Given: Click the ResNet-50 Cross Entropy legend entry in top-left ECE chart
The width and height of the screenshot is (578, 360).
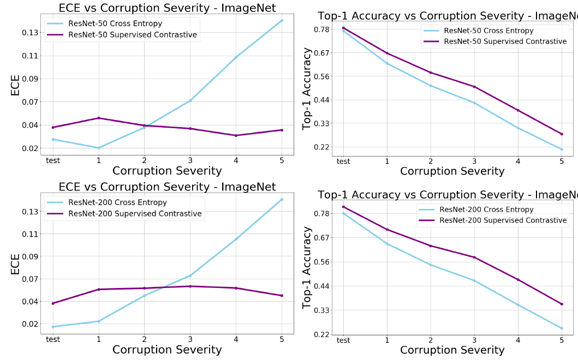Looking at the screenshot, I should pyautogui.click(x=114, y=24).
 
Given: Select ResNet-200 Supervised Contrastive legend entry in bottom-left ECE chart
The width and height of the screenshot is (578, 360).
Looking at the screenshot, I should pyautogui.click(x=135, y=214).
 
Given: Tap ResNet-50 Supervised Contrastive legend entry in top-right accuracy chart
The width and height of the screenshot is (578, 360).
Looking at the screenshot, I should pyautogui.click(x=505, y=41).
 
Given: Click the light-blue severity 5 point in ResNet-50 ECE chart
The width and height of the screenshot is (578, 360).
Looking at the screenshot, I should pyautogui.click(x=282, y=21).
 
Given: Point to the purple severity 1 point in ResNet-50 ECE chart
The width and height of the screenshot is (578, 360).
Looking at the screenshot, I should pyautogui.click(x=99, y=118).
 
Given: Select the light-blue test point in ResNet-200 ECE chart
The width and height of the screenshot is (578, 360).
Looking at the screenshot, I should pyautogui.click(x=53, y=327).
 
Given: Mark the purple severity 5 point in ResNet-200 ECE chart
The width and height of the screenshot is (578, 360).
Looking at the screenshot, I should pyautogui.click(x=282, y=296).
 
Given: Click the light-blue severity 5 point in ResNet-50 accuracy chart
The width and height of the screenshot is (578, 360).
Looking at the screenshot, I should pyautogui.click(x=562, y=149).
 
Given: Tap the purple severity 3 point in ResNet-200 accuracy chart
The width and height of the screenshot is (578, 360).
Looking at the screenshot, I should pyautogui.click(x=474, y=257).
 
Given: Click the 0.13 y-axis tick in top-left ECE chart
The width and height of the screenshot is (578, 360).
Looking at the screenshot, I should pyautogui.click(x=30, y=33).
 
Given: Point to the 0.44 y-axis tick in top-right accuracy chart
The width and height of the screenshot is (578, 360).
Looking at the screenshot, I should pyautogui.click(x=321, y=100).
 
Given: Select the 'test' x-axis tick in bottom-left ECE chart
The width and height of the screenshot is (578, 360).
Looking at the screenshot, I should pyautogui.click(x=53, y=339).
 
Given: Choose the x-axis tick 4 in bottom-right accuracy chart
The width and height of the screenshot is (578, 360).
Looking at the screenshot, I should pyautogui.click(x=518, y=340).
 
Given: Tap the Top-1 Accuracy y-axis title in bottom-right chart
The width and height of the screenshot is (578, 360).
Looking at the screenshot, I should pyautogui.click(x=307, y=267).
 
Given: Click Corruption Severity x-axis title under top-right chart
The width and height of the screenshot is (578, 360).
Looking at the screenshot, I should pyautogui.click(x=452, y=171).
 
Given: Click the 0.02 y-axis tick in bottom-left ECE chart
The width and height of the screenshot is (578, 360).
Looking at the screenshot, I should pyautogui.click(x=30, y=324).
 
